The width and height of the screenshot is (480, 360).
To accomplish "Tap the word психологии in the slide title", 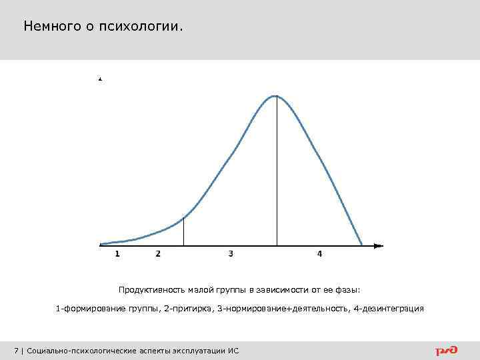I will [x=141, y=27].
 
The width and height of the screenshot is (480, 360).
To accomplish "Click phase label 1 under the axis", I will [x=117, y=254].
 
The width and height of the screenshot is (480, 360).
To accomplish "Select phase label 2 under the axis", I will [x=158, y=254].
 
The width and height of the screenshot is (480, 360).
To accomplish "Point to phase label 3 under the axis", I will [x=231, y=254].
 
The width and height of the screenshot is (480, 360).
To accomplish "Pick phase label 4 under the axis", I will [x=319, y=254].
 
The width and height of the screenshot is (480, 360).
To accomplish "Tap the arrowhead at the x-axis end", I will [x=379, y=246].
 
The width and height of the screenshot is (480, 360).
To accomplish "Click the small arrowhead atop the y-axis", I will [x=100, y=79].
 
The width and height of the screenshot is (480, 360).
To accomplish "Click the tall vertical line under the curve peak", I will [x=277, y=173].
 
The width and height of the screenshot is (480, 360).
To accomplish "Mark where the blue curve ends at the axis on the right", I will [x=362, y=245].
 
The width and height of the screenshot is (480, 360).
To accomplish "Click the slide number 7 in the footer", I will [x=16, y=351].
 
